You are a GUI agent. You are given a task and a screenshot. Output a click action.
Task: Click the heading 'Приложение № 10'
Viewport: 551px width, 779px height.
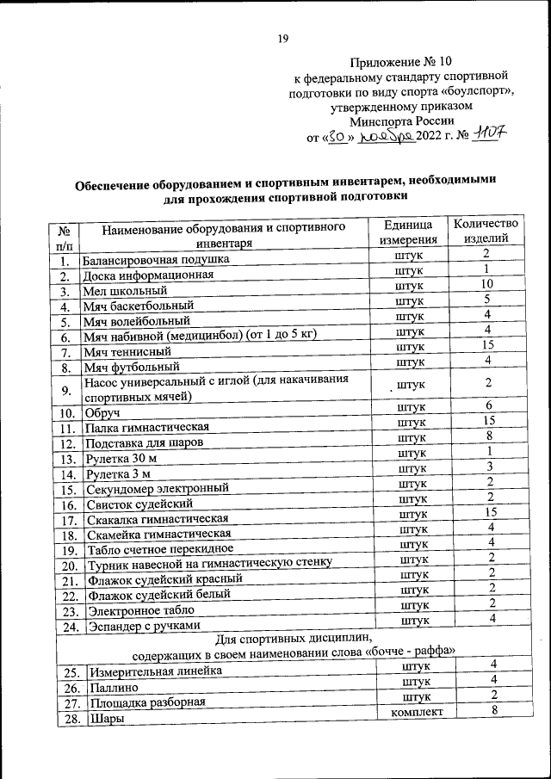pyautogui.click(x=401, y=61)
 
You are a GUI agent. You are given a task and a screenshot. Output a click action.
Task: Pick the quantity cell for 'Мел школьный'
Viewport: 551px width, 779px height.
pyautogui.click(x=486, y=284)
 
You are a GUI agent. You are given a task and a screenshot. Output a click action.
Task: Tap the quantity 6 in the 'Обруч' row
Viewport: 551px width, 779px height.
pyautogui.click(x=487, y=405)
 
